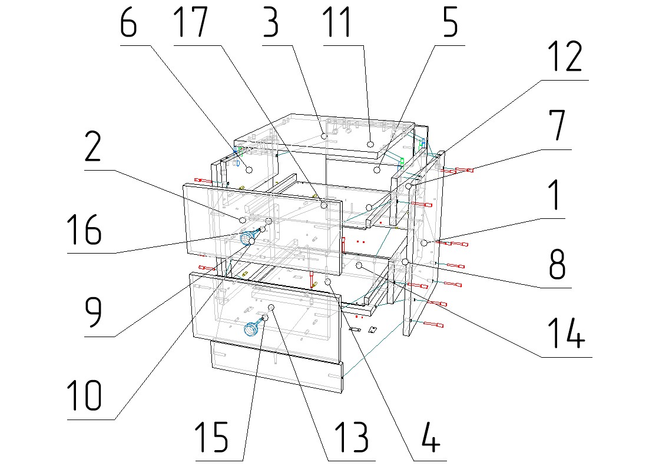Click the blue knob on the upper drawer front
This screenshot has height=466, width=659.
point(248,238)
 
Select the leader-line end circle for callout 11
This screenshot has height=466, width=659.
point(370,144)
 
